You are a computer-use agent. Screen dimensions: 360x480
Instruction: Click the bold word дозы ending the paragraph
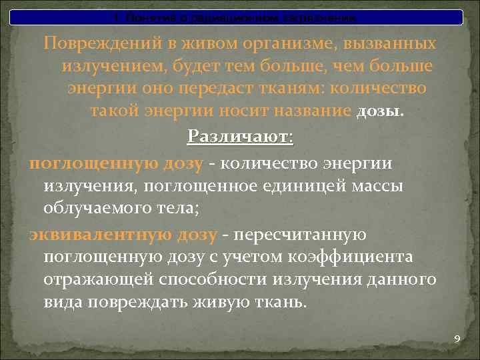[x=380, y=111]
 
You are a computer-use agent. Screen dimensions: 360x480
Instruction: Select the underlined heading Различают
[x=239, y=137]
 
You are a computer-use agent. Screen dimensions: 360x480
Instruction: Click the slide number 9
[x=457, y=339]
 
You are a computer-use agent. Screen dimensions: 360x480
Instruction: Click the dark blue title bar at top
[x=239, y=16]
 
